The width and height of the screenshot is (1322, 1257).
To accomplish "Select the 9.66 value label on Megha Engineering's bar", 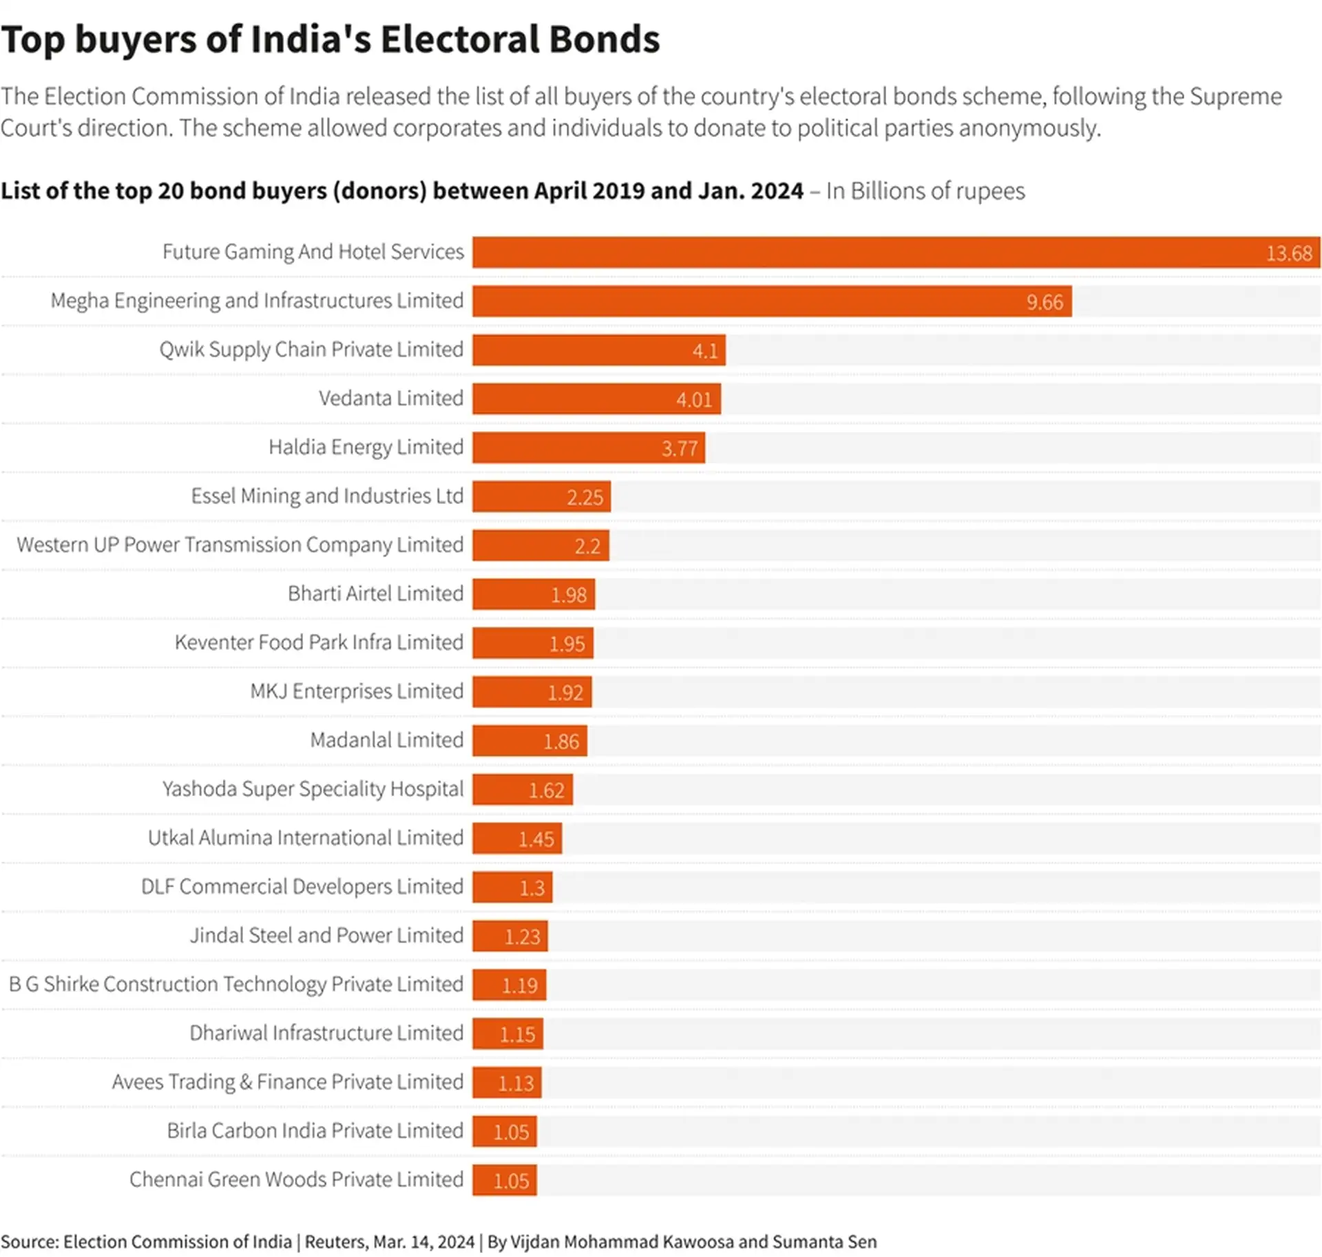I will click(x=1044, y=302).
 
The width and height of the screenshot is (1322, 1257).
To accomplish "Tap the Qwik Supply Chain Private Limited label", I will click(x=311, y=349).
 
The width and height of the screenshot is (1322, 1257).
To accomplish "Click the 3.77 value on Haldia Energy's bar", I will click(x=680, y=448).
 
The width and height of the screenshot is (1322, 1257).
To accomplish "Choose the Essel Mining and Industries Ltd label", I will click(x=327, y=496).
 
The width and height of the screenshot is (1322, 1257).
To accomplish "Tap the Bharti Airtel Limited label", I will click(x=375, y=593).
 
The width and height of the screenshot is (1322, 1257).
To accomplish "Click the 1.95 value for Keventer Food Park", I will click(x=567, y=644).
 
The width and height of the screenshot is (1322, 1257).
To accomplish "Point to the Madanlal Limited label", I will click(x=386, y=740).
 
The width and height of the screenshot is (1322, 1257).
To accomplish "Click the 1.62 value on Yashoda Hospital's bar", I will click(x=546, y=790).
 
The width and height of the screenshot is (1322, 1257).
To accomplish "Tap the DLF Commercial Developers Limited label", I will click(x=302, y=887).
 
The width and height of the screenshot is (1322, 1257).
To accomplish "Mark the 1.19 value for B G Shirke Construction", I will click(x=519, y=986).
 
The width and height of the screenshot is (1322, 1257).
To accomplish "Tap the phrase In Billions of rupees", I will click(x=925, y=191).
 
